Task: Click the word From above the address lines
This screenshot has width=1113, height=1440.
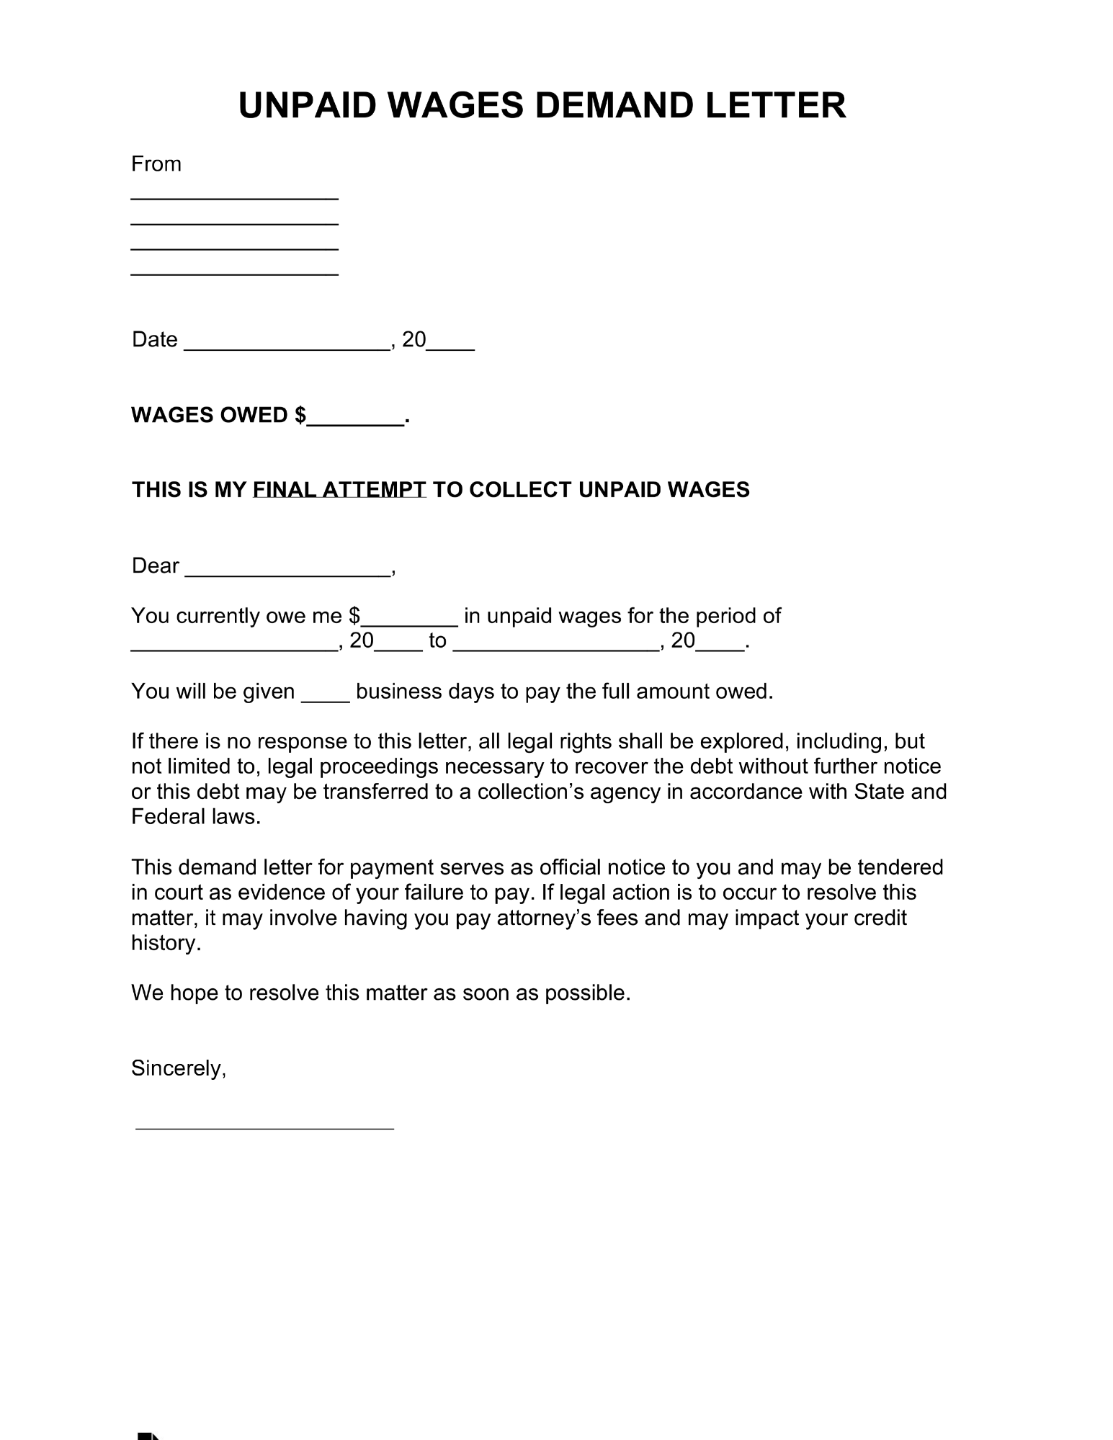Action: click(x=156, y=164)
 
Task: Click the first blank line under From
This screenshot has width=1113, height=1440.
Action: click(x=234, y=197)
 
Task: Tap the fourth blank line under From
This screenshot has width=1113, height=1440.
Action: click(x=234, y=274)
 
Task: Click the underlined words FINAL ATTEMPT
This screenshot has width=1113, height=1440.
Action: click(x=339, y=490)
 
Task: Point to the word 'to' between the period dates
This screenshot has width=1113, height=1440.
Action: click(x=437, y=641)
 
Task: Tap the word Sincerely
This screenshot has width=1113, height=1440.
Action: click(x=178, y=1068)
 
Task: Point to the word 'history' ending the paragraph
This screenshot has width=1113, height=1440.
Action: click(x=164, y=944)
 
